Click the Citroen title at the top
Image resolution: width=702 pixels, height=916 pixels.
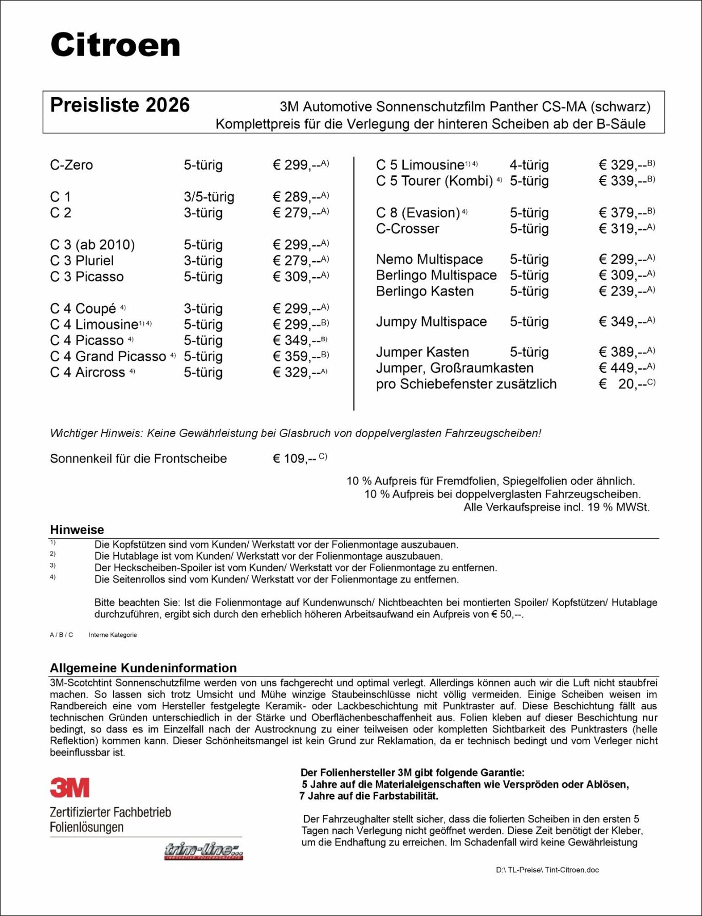(x=115, y=45)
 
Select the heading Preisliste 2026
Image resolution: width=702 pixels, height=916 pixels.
(x=120, y=105)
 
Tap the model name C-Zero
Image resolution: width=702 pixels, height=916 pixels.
(x=71, y=165)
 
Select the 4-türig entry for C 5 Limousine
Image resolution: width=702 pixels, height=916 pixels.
(x=529, y=165)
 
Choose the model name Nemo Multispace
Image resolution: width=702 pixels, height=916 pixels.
(x=429, y=259)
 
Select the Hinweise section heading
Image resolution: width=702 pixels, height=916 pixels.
(x=77, y=529)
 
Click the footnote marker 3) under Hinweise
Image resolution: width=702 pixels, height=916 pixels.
(x=52, y=566)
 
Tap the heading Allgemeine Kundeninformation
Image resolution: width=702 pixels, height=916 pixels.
(x=143, y=668)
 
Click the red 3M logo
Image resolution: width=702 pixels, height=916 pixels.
(x=70, y=787)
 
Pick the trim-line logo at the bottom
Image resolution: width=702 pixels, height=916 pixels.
(x=204, y=851)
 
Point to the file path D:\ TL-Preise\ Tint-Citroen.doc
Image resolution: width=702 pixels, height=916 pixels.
(x=547, y=870)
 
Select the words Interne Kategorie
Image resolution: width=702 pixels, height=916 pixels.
(x=113, y=635)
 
